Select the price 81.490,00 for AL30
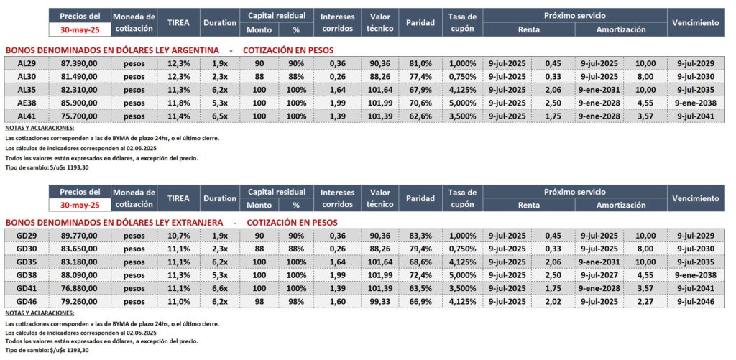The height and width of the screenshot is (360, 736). [80, 76]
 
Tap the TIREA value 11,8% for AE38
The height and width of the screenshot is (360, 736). [178, 102]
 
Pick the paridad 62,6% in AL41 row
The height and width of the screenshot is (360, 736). [420, 115]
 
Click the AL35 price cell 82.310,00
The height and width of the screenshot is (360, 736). [80, 89]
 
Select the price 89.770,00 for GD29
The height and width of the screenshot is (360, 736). [80, 236]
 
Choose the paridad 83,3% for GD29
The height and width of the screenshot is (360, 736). [420, 236]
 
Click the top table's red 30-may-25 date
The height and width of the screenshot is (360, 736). [80, 29]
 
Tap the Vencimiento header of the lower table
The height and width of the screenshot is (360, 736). [695, 198]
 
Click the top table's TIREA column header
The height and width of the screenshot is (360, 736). [178, 22]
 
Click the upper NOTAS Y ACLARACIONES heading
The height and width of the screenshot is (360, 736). [40, 128]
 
